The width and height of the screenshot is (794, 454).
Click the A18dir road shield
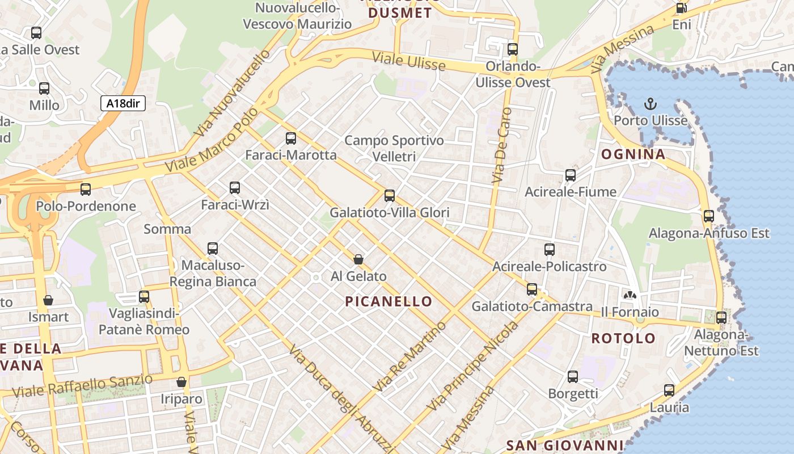coord(123,103)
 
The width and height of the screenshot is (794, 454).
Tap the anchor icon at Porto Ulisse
coord(651,104)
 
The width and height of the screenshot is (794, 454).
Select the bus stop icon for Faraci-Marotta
coord(291,138)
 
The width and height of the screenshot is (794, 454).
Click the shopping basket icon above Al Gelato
coord(358,259)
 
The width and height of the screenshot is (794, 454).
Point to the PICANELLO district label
coord(388,301)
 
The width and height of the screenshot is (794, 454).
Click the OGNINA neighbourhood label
coord(633,154)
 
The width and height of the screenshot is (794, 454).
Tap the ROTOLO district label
coord(623,339)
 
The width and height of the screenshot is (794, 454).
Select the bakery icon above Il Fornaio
coord(630,295)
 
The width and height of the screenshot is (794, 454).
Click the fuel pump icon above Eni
coord(681,8)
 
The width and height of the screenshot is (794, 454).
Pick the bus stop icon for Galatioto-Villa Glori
coord(390,196)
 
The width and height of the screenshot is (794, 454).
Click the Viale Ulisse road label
coord(408,61)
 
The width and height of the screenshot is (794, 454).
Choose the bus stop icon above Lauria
coord(669,390)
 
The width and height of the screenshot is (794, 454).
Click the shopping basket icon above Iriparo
coord(181,382)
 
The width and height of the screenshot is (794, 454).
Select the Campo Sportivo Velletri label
coord(394,148)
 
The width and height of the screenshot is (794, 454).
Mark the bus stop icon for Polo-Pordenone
coord(86,189)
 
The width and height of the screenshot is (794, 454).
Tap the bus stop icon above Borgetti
coord(573,376)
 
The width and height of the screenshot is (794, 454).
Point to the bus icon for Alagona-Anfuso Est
coord(708,216)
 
